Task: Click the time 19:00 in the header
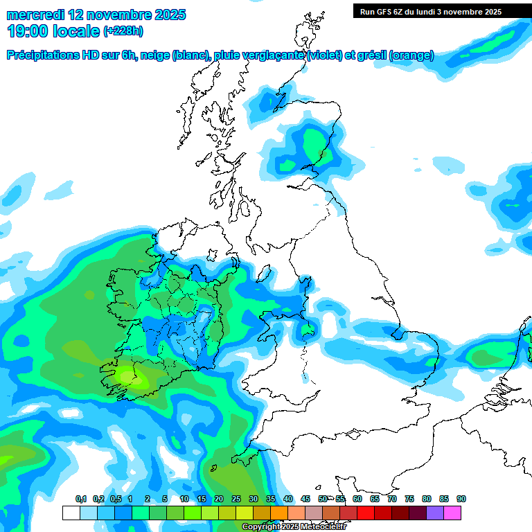(29, 30)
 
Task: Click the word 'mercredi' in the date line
(31, 15)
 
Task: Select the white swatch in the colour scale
(71, 513)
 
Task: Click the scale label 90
(461, 499)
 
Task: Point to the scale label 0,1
(80, 499)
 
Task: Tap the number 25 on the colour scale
(236, 499)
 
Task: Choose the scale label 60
(357, 499)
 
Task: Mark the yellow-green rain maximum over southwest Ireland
(130, 378)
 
